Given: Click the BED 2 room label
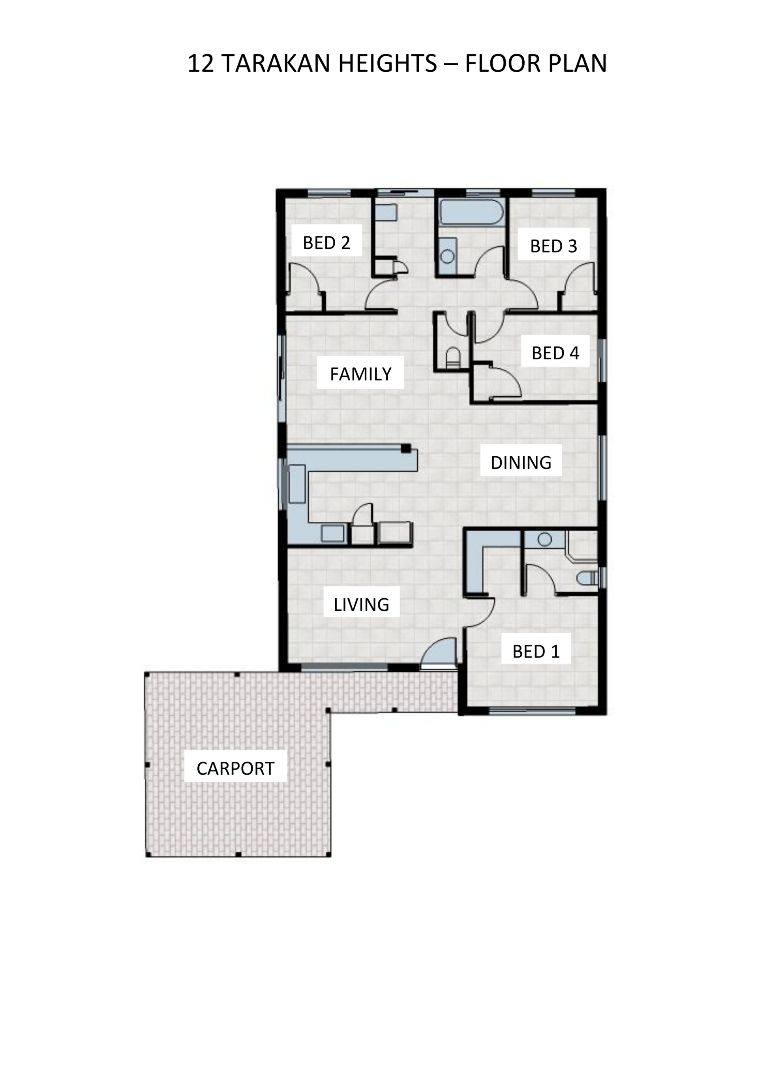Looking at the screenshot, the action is click(x=326, y=243).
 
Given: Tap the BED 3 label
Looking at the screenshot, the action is click(x=553, y=246).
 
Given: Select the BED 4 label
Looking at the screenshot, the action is click(x=555, y=353).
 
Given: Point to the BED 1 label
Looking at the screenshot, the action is click(x=536, y=651).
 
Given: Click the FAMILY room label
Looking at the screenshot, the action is click(x=360, y=374).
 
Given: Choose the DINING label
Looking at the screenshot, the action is click(x=521, y=463).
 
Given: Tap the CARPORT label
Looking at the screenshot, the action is click(x=235, y=768).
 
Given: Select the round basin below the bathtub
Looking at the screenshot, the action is click(x=447, y=256).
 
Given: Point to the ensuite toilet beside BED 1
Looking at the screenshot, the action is click(x=587, y=579).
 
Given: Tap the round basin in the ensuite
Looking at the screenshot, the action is click(x=544, y=539).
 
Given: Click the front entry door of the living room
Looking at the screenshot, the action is click(x=439, y=650).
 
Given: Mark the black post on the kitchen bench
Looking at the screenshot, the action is click(x=406, y=448).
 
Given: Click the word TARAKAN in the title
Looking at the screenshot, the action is click(x=276, y=64).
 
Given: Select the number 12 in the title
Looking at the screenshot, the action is click(x=201, y=64).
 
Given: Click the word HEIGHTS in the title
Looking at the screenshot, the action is click(x=388, y=64).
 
